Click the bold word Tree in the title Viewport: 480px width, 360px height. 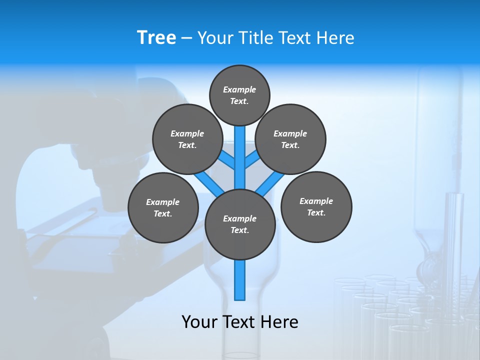156,38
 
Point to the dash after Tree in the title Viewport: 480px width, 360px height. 186,38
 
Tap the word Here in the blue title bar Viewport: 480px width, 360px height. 334,38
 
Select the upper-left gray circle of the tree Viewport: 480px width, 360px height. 187,139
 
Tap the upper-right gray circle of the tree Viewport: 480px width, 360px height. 290,139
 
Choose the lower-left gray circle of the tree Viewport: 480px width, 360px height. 163,207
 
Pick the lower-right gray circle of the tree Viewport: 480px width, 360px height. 316,206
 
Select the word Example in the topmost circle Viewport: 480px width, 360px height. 239,90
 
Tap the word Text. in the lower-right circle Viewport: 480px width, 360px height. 316,213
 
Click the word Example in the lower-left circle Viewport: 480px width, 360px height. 162,202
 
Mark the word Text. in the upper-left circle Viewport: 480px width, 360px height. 187,145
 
